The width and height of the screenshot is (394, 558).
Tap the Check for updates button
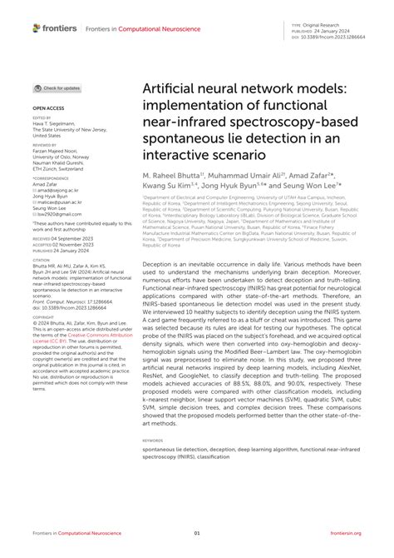click(x=57, y=87)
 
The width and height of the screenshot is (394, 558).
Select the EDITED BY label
click(x=42, y=118)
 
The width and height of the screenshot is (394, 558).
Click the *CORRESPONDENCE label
click(x=49, y=180)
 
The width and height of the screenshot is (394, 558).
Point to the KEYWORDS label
click(x=153, y=441)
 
